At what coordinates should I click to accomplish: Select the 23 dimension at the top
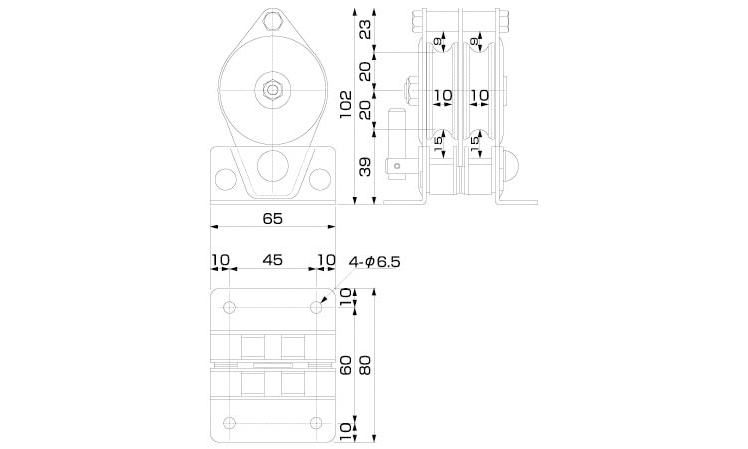(365, 28)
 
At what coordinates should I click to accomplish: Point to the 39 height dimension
(365, 167)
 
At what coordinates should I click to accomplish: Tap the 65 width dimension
(272, 218)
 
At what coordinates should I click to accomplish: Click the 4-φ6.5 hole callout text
(374, 262)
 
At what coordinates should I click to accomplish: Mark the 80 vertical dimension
(365, 366)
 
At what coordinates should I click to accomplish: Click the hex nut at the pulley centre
(272, 89)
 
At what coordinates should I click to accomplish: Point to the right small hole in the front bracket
(319, 178)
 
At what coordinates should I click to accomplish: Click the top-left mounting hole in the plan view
(230, 307)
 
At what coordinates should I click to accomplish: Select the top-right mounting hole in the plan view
(317, 307)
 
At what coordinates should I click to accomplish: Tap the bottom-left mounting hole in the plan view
(230, 421)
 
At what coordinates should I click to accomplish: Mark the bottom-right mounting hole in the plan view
(317, 421)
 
